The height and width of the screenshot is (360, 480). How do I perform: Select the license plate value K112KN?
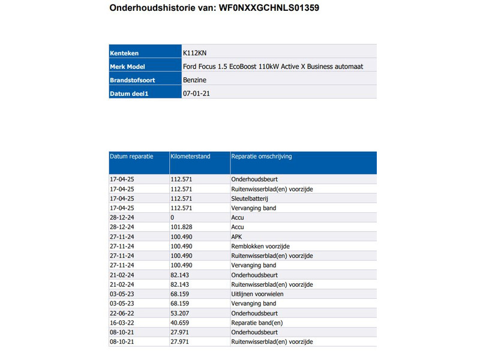pos(195,53)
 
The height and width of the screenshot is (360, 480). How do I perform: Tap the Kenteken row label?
pos(125,53)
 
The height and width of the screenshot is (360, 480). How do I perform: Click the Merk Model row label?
pos(127,67)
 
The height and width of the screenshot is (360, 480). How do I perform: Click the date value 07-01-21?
pos(196,93)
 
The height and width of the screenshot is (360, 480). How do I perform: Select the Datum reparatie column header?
pos(131,157)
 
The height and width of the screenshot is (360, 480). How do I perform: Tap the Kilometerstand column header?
pos(191,157)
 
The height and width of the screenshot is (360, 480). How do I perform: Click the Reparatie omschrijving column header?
pos(262,157)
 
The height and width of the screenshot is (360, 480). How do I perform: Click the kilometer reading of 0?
pos(173,217)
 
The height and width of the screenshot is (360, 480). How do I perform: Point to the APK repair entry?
pos(237,236)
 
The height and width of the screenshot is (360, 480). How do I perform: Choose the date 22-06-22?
pos(122,313)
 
